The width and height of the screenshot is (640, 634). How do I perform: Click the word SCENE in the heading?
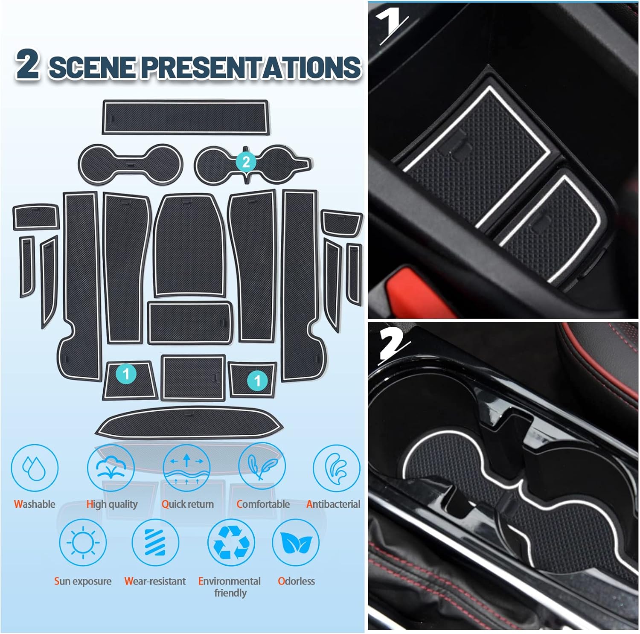93,67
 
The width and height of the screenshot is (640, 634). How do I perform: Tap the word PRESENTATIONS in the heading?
251,67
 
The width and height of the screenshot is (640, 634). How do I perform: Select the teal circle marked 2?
246,162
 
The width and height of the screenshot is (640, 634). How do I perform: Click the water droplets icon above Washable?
34,468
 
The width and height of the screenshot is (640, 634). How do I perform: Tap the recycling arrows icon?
231,542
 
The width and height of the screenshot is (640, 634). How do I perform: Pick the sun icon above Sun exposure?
83,542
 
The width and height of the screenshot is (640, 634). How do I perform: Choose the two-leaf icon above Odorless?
296,542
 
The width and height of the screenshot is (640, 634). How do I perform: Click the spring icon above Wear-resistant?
155,542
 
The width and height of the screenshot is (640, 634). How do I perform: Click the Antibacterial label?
333,504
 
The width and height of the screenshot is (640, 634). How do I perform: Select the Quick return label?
187,504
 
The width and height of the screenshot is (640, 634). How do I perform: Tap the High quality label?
112,505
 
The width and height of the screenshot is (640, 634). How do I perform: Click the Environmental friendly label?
230,587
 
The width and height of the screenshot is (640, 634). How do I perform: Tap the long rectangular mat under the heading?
186,117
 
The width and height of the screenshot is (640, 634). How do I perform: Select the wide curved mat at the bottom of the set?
189,422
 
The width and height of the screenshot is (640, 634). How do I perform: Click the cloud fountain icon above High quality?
111,468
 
